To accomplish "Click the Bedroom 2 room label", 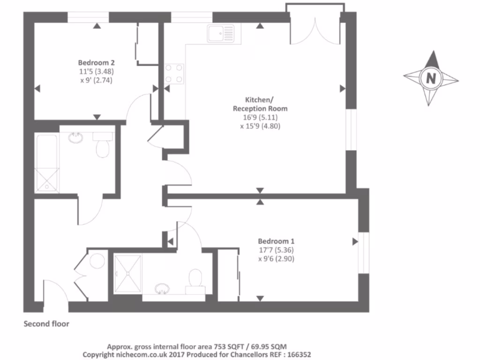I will (97, 62).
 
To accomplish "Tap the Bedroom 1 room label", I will (276, 241).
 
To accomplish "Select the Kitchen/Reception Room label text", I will (260, 104).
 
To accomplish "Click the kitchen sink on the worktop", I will (220, 34).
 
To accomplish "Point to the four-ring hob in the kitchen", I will (174, 74).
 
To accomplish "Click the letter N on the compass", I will (430, 78).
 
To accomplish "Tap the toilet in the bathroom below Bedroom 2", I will (102, 146).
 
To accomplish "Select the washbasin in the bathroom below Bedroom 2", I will (75, 138).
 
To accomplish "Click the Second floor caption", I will (46, 324).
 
